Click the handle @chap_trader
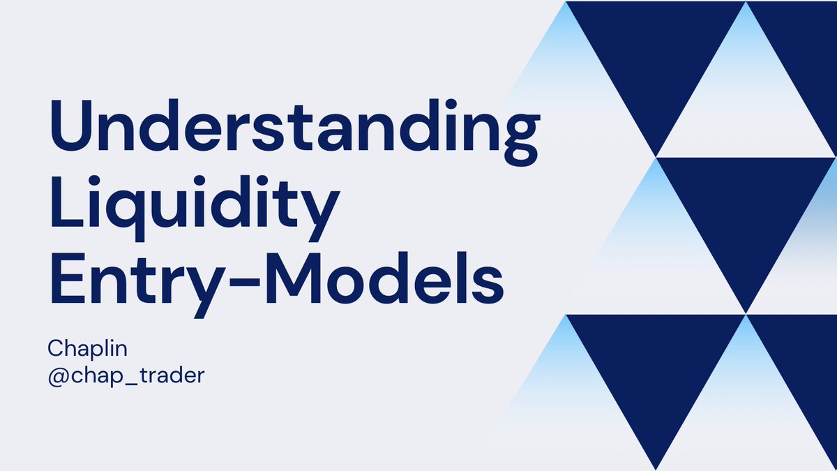tap(126, 375)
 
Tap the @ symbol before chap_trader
tap(57, 375)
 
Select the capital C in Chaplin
tap(55, 347)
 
